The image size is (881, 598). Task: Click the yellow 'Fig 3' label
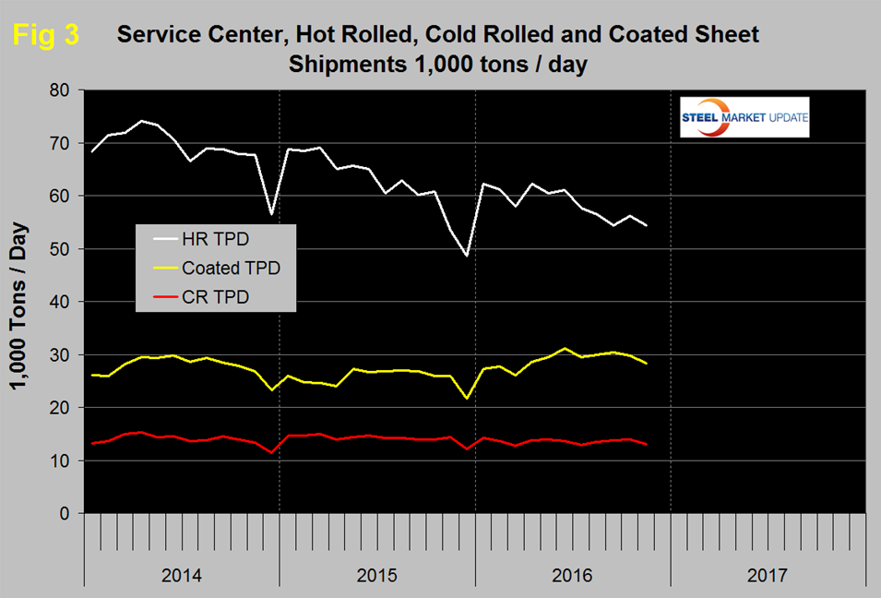(x=45, y=35)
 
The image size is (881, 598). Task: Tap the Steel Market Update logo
(x=744, y=117)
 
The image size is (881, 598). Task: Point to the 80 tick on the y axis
(x=62, y=90)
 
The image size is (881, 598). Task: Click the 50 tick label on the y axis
(x=62, y=249)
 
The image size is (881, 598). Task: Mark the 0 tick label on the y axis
(x=66, y=514)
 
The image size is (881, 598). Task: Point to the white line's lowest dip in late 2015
(x=467, y=256)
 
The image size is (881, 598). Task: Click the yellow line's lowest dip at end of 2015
(x=467, y=398)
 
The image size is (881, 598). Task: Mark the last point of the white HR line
(x=647, y=225)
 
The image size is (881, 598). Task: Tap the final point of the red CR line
(x=647, y=444)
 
